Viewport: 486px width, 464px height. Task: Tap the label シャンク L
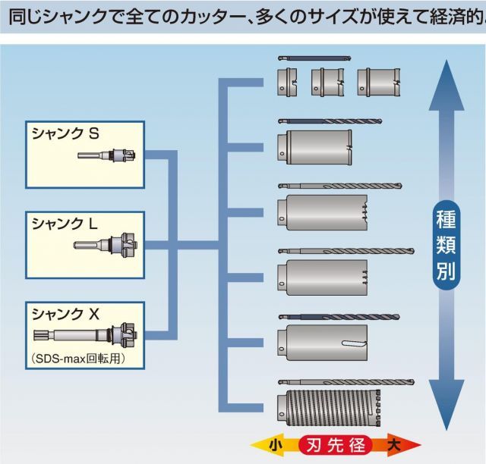[x=65, y=223]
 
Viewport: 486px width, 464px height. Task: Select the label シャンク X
[x=65, y=312]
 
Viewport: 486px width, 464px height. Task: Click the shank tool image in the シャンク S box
[x=106, y=157]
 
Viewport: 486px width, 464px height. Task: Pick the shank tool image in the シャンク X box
[x=84, y=334]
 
